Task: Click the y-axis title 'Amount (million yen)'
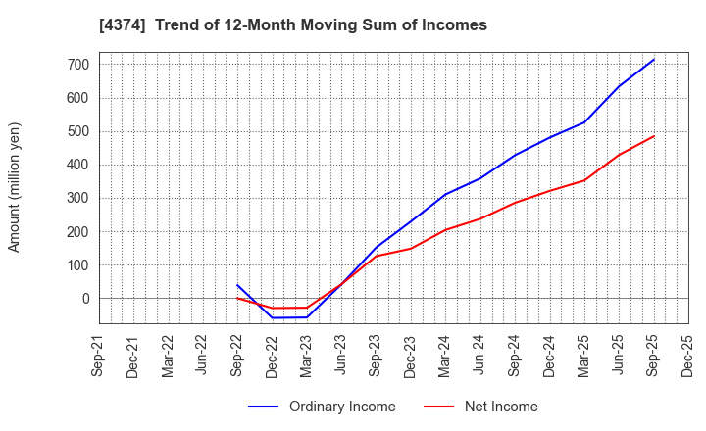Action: click(x=15, y=187)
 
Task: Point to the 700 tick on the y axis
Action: click(x=77, y=65)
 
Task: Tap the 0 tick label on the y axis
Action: click(x=85, y=299)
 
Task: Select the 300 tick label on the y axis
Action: click(x=77, y=198)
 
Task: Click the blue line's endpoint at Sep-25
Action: click(x=654, y=59)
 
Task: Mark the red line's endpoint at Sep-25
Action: click(x=654, y=136)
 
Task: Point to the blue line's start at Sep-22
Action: click(x=237, y=285)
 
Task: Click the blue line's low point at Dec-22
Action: click(x=273, y=317)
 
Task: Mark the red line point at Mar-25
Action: click(x=584, y=180)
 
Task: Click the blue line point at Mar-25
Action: click(x=584, y=122)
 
